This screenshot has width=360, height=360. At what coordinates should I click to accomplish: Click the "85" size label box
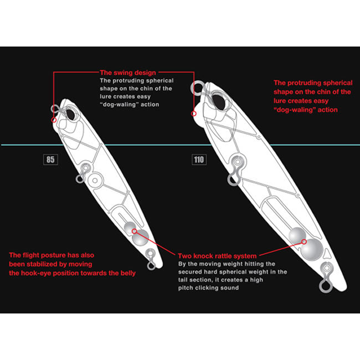50,160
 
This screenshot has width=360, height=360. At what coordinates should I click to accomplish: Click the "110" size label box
199,160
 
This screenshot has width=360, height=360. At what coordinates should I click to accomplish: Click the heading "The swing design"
128,73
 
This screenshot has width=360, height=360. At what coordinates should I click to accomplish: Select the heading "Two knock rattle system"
217,256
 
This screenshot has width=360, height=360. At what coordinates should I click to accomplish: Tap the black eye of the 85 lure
70,115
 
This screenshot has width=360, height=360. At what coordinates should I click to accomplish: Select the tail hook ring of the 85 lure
151,266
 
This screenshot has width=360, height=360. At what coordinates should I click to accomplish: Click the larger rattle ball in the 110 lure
312,250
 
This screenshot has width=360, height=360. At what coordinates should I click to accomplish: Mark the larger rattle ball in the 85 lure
140,238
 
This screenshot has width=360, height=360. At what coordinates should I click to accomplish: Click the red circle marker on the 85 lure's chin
54,120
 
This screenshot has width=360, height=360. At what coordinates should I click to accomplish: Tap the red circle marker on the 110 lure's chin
194,114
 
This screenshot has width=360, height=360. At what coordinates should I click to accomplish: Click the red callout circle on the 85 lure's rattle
135,231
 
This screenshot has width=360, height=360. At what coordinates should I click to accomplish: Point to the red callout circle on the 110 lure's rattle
304,241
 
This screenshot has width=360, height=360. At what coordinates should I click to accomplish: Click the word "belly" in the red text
128,273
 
